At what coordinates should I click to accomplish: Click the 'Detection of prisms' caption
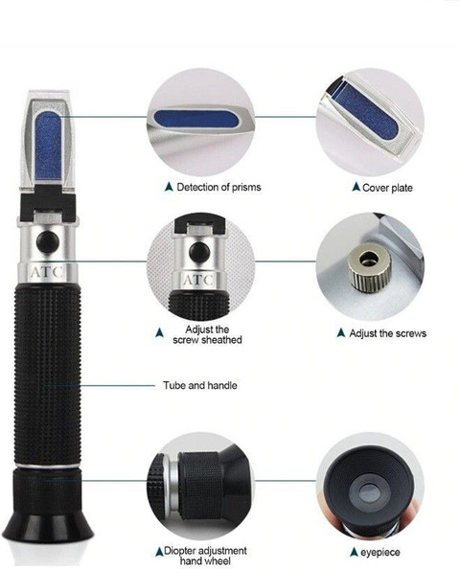coord(218,187)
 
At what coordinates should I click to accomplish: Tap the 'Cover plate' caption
coord(387,188)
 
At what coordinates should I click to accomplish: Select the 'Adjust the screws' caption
coord(387,333)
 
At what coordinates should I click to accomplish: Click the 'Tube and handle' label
coord(199,385)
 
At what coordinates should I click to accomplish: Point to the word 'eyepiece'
coord(380,553)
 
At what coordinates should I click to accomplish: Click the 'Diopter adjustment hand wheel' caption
coord(205,556)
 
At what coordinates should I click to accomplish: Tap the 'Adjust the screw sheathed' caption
coord(207,334)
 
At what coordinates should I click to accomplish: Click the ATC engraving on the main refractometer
coord(46,272)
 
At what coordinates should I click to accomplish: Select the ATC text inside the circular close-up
coord(197,280)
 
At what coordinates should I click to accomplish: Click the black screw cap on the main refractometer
coord(47,241)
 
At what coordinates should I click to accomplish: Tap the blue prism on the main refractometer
coord(48,147)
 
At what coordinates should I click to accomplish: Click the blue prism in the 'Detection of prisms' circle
coord(195,119)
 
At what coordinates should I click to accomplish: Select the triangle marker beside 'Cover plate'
coord(356,187)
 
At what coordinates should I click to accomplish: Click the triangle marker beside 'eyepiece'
coord(354,552)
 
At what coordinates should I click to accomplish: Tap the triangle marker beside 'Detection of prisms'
coord(169,187)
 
